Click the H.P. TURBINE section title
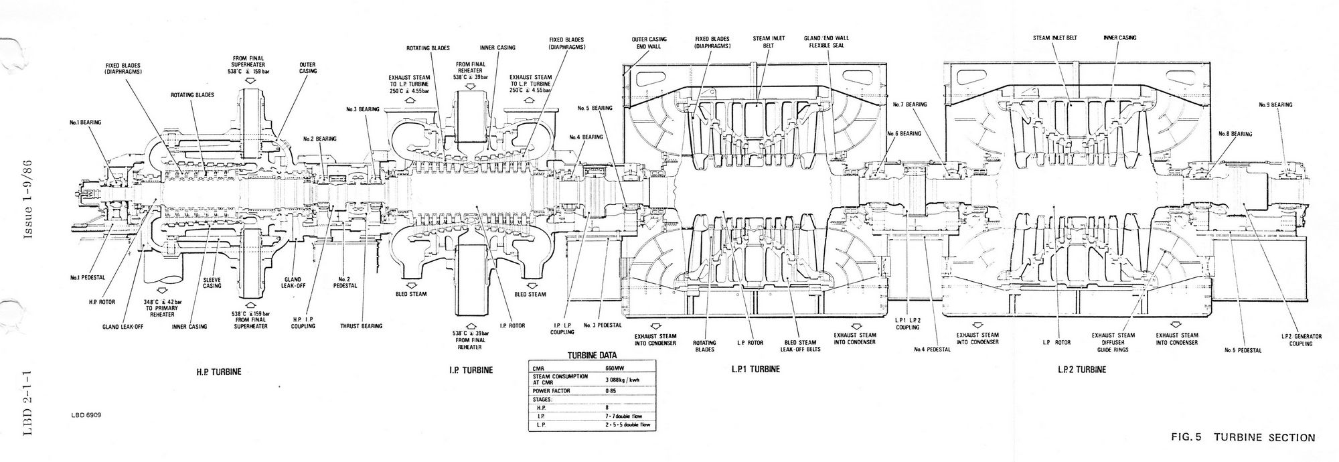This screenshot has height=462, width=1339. pyautogui.click(x=218, y=370)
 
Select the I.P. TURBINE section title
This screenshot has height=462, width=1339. pyautogui.click(x=471, y=370)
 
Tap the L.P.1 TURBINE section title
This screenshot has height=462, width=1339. pyautogui.click(x=756, y=370)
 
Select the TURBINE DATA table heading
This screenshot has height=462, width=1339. pyautogui.click(x=592, y=356)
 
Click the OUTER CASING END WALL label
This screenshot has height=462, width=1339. pyautogui.click(x=649, y=43)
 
